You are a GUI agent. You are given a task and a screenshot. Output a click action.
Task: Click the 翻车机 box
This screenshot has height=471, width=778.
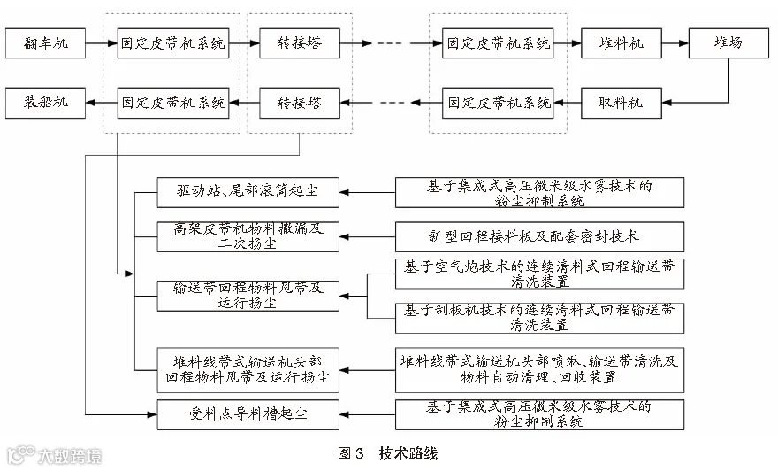point(45,43)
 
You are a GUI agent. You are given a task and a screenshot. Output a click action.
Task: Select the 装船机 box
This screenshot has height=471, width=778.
point(45,103)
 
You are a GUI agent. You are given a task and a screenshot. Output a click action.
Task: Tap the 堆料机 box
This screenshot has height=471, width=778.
point(622,43)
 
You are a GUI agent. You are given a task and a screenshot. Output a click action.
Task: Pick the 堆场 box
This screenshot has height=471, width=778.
point(728,43)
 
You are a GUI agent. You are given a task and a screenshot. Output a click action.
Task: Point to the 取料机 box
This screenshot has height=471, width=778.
point(622,103)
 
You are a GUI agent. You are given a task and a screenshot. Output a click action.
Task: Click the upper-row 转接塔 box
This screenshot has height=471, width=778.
point(300,43)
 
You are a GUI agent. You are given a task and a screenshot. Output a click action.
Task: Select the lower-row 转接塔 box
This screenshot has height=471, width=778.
point(300,103)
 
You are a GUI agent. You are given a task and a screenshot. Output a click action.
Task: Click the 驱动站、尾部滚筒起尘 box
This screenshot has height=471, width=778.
point(248,192)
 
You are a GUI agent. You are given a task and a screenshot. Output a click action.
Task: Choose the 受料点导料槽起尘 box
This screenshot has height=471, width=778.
point(248,414)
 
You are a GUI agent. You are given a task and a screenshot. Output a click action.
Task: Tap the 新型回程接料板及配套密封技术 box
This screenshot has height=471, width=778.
point(539,236)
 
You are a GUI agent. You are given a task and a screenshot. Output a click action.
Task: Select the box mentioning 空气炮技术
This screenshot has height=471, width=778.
point(539,274)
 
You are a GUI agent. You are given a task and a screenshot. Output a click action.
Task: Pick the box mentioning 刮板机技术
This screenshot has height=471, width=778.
point(539,318)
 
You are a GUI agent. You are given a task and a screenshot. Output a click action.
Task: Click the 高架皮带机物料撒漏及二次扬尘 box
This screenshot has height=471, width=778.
point(248,236)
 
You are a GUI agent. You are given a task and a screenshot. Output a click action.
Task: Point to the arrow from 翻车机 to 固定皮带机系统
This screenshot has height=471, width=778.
point(101,43)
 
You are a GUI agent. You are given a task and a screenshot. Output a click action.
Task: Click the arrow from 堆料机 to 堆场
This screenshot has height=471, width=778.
point(675,43)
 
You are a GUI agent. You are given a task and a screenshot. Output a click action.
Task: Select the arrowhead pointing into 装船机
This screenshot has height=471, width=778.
point(90,103)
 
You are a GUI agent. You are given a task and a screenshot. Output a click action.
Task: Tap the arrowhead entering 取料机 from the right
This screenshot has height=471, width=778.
point(667,103)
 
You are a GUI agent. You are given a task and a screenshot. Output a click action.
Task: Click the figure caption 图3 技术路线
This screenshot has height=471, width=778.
point(388,453)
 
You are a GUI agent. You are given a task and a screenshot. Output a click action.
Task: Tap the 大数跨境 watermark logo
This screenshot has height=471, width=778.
point(54,455)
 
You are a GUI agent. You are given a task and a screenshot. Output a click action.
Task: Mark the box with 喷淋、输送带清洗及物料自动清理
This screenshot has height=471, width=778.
point(539,370)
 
